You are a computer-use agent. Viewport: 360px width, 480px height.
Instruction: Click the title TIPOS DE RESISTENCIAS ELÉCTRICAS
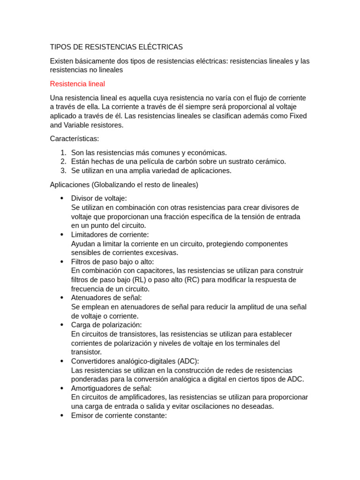coord(116,47)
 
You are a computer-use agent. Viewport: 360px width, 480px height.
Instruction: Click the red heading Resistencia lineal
coord(77,84)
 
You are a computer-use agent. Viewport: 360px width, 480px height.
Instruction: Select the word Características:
coord(75,139)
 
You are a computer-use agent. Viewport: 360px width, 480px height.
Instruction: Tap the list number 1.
coord(63,153)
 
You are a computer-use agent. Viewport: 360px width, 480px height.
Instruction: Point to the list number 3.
coord(63,171)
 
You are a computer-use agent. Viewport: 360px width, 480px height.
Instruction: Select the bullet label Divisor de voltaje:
coord(99,198)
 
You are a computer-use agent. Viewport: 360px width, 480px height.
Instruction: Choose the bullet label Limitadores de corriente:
coord(110,234)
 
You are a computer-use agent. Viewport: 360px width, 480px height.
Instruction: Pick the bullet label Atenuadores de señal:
coord(106,298)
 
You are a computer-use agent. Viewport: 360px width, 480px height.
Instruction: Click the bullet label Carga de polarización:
coord(106,325)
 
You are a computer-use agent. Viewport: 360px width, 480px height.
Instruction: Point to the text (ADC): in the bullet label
coord(188,361)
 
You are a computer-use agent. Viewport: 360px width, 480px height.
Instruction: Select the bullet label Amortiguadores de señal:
coord(112,388)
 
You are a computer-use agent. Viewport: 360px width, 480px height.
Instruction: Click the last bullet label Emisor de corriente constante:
coord(119,415)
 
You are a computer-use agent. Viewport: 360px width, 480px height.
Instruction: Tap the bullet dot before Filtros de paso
coord(62,262)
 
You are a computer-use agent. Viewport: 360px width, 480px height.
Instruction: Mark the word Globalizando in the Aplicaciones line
coord(117,185)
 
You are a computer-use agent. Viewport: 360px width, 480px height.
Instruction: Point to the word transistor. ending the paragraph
coord(86,352)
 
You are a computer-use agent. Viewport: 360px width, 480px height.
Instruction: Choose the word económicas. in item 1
coord(207,153)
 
